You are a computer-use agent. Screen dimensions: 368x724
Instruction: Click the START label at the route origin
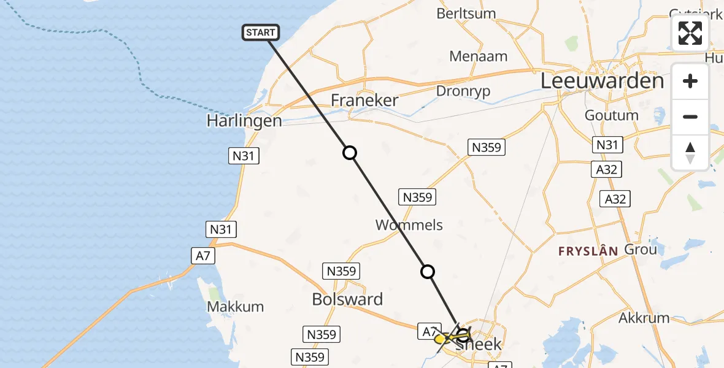tap(261, 33)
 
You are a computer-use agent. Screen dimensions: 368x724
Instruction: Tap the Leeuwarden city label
tap(602, 81)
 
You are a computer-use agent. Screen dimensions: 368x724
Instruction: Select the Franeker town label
tap(364, 101)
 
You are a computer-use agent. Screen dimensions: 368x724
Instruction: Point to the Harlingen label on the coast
tap(244, 120)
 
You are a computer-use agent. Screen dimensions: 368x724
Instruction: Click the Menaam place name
tap(479, 56)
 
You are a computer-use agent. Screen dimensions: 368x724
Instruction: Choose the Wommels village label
tap(409, 225)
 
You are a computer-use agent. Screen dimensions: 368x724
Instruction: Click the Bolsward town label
tap(347, 299)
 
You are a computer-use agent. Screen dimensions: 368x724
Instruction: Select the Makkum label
tap(236, 307)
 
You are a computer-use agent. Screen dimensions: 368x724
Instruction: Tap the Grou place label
tap(640, 249)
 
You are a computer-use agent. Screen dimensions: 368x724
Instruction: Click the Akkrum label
tap(644, 318)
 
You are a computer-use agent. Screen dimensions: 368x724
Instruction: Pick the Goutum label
tap(611, 115)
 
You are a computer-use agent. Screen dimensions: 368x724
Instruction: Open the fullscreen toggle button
tap(690, 33)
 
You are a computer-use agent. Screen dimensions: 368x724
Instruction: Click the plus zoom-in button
tap(690, 81)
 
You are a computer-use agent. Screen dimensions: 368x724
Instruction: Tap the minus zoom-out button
tap(690, 117)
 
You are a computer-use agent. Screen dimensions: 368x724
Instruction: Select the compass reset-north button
tap(690, 152)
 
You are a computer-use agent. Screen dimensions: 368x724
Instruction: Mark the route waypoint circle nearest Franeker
tap(350, 153)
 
